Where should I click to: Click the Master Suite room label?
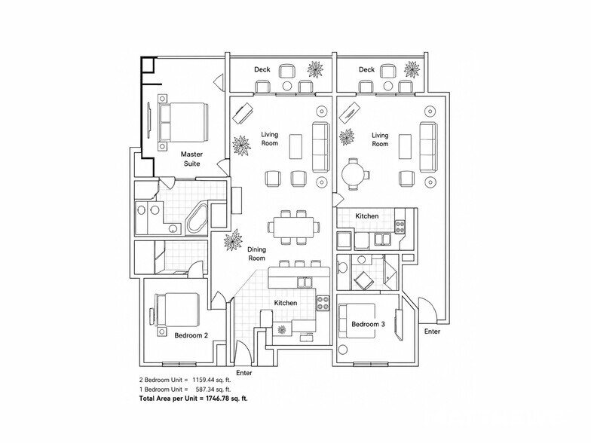tap(191, 159)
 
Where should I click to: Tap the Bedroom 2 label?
tap(191, 335)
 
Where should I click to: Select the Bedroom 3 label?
tap(368, 324)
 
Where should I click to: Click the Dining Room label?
tap(256, 254)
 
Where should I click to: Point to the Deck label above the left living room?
tap(262, 69)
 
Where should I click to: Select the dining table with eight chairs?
tap(293, 228)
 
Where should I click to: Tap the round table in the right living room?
tap(354, 174)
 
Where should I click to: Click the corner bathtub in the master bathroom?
tap(198, 218)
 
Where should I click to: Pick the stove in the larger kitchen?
tap(323, 303)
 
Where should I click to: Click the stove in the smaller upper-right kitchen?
tap(400, 226)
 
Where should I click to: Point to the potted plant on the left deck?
tap(315, 69)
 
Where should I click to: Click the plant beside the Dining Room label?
tap(232, 241)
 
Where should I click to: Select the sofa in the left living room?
tap(321, 147)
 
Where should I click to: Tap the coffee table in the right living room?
tap(405, 146)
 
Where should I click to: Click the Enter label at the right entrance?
tap(433, 331)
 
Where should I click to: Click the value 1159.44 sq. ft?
tap(211, 380)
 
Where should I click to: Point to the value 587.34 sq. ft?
tap(213, 390)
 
